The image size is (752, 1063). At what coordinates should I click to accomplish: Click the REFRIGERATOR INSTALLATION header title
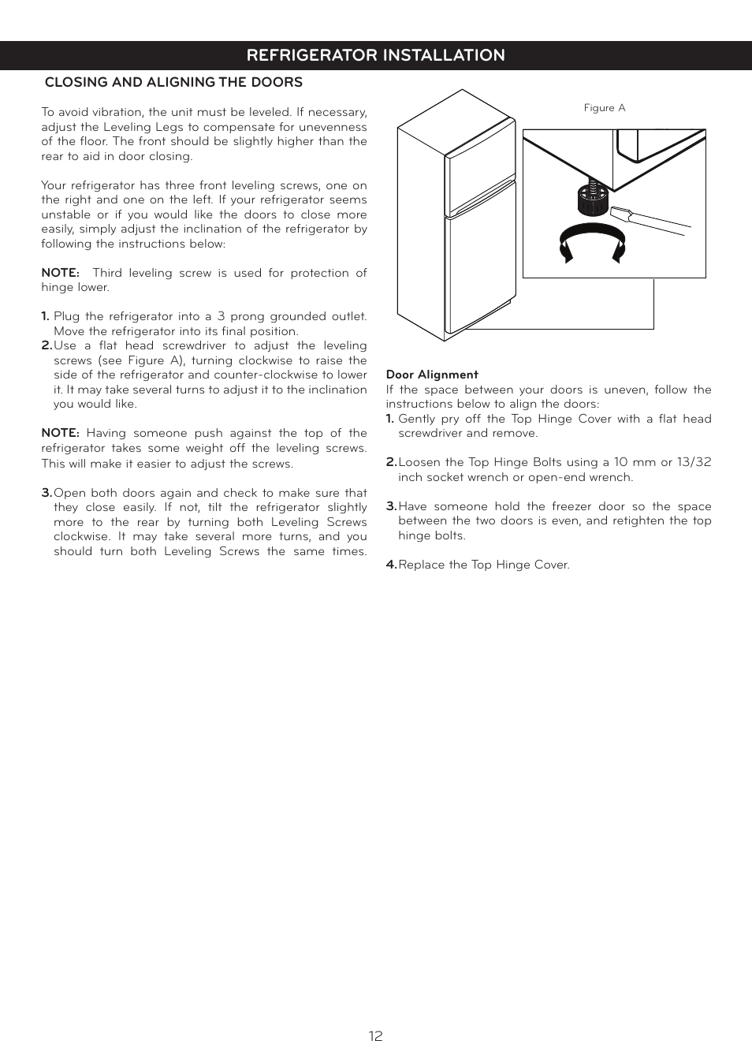point(375,55)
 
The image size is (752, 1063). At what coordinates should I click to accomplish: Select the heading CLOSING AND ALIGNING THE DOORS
point(173,82)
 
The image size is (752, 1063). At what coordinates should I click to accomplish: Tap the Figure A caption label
point(604,108)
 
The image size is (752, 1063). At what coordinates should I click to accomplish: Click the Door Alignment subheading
point(432,375)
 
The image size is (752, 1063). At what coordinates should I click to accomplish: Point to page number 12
point(375,1036)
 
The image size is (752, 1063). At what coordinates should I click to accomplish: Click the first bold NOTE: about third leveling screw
point(60,273)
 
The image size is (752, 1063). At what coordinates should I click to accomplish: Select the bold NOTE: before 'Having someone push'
point(60,433)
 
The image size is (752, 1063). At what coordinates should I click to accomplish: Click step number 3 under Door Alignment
point(391,506)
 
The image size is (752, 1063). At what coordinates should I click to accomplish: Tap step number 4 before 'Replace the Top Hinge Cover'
point(391,565)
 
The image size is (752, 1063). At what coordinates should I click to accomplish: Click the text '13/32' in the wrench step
point(694,462)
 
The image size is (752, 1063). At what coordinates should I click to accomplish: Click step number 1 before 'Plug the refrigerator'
point(45,316)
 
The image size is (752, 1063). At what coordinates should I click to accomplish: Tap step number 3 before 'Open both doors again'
point(47,493)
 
